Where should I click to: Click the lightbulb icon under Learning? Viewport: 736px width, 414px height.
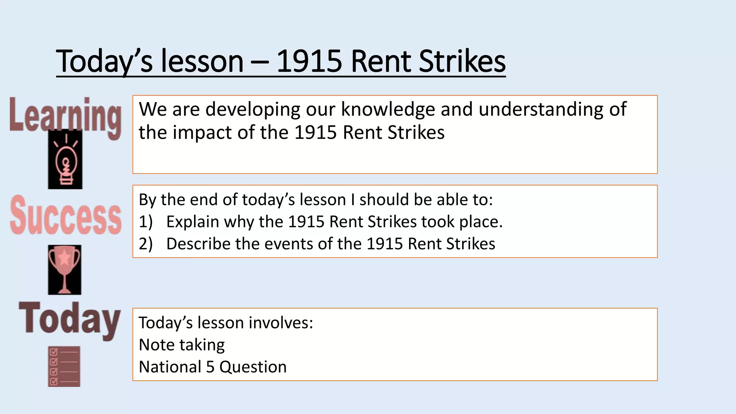pos(65,160)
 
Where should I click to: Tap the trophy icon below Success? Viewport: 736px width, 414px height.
pos(65,270)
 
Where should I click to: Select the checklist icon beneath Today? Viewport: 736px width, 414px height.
pos(64,367)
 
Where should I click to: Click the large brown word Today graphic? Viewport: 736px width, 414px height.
pos(69,319)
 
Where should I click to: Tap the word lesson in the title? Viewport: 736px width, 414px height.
pos(202,61)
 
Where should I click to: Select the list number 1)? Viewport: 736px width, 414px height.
pos(146,222)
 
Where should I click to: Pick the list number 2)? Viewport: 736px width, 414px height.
pos(146,244)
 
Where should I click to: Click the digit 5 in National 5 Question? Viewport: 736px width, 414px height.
pos(210,367)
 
